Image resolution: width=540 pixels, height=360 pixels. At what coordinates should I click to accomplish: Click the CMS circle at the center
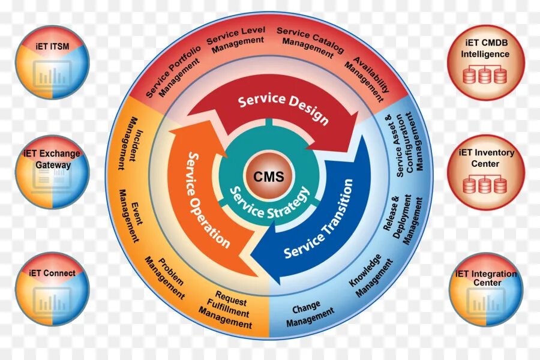[x=269, y=177]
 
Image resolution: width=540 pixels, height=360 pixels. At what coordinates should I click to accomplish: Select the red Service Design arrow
[x=283, y=109]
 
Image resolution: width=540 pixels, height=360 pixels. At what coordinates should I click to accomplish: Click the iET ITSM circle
[x=52, y=62]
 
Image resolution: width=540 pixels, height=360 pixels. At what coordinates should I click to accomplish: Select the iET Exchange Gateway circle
[x=52, y=171]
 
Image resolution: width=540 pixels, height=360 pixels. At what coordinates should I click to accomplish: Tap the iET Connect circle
[x=52, y=289]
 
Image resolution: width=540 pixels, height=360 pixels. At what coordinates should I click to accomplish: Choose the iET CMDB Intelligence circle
[x=485, y=62]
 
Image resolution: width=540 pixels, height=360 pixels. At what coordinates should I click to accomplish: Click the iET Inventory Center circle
[x=485, y=171]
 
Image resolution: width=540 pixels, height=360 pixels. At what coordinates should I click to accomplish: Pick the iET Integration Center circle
[x=485, y=289]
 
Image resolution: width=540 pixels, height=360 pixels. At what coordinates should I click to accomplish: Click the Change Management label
[x=308, y=314]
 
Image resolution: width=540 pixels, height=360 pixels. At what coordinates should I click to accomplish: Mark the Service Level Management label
[x=236, y=40]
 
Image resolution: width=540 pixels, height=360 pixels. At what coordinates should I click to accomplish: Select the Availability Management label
[x=368, y=78]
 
